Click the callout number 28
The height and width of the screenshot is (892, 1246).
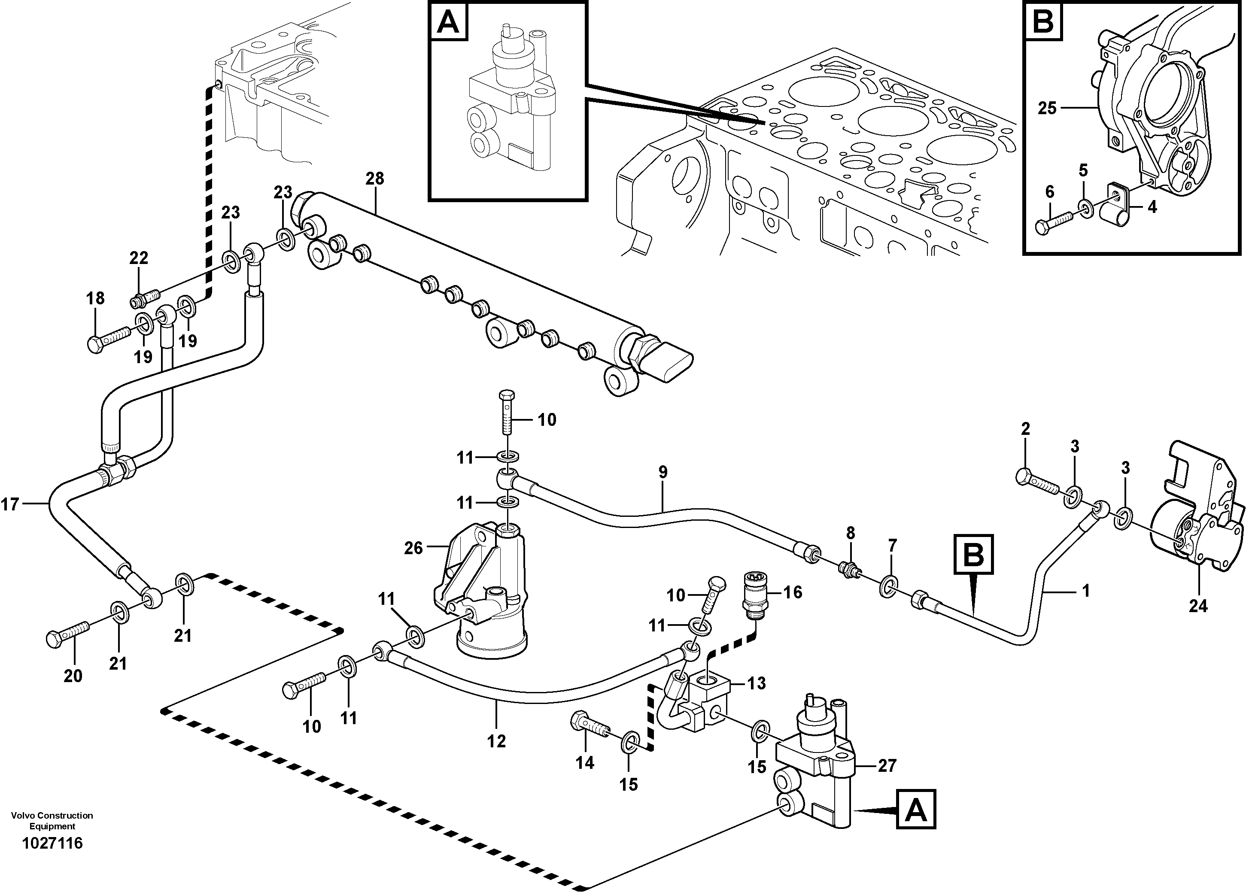click(x=375, y=179)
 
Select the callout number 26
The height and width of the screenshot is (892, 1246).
click(x=413, y=548)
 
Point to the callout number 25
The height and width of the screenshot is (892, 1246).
click(x=1047, y=108)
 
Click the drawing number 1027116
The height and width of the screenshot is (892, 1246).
click(x=52, y=843)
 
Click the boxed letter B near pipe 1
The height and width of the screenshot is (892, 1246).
click(x=973, y=554)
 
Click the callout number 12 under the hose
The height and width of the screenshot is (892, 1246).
click(x=496, y=741)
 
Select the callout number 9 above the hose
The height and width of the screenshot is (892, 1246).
click(x=663, y=472)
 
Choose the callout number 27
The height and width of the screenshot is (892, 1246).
click(x=887, y=765)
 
